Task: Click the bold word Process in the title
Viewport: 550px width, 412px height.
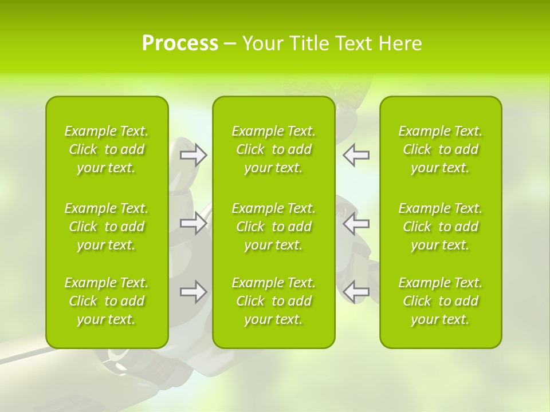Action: [x=180, y=43]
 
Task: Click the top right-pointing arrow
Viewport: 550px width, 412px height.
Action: [x=193, y=155]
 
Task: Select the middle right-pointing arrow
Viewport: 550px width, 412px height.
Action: [x=193, y=223]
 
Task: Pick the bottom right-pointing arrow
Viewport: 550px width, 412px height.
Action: [x=193, y=292]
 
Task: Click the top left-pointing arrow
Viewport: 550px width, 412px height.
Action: [x=356, y=155]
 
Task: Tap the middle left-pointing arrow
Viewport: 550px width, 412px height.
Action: [x=356, y=223]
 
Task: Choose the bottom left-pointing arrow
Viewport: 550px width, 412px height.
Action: [x=356, y=292]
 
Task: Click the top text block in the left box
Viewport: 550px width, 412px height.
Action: [x=107, y=149]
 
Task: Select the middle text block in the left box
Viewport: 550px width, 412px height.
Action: [x=107, y=227]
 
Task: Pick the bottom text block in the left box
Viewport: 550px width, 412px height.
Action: [x=107, y=301]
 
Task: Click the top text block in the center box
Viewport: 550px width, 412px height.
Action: [x=274, y=149]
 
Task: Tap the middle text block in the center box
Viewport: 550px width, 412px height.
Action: [x=274, y=227]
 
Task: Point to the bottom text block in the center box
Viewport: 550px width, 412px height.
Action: [x=274, y=301]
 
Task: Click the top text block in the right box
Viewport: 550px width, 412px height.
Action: [x=441, y=149]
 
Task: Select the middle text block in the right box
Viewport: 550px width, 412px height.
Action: [x=441, y=227]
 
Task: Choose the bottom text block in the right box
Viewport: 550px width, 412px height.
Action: [x=441, y=301]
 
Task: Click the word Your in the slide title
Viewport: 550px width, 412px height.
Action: [x=262, y=43]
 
